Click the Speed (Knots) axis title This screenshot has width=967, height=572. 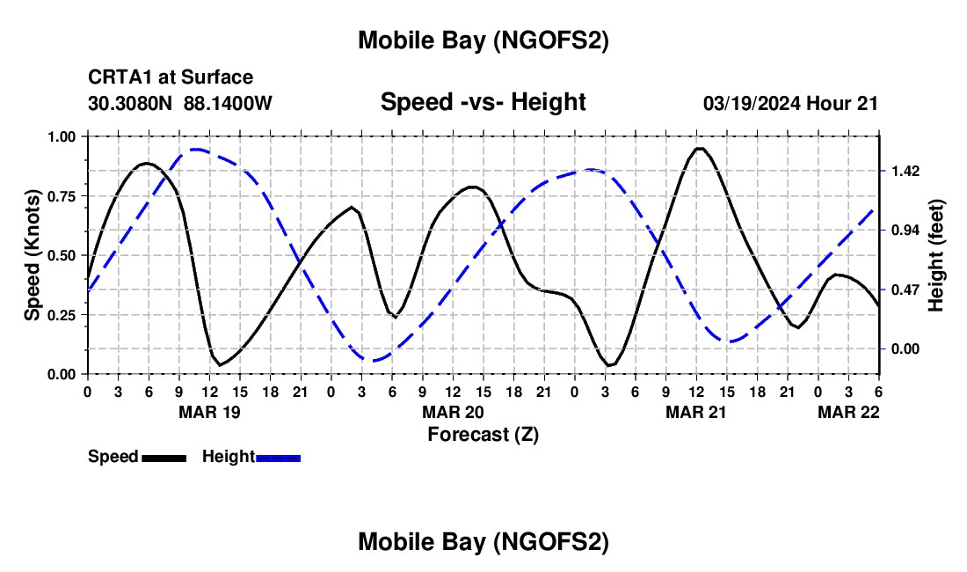coord(32,255)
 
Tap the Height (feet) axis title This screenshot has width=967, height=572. coord(935,255)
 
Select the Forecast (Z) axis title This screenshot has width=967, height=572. coord(483,434)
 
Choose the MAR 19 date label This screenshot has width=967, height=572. coord(209,412)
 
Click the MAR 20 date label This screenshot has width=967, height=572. coord(453,412)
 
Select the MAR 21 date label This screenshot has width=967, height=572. coord(696,412)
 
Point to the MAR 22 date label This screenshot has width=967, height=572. coord(849,412)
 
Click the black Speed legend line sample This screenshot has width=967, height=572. coord(164,458)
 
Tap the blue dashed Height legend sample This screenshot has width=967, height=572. coord(278,458)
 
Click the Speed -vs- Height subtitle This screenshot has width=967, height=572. coord(483,103)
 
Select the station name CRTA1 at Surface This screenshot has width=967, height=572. coord(171,78)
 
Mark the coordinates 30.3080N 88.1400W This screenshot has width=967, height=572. coord(180,104)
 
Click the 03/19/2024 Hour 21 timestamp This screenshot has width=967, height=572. coord(790,104)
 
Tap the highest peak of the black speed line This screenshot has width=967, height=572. coord(700,148)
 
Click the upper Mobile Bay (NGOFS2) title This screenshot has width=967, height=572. coord(483,40)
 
